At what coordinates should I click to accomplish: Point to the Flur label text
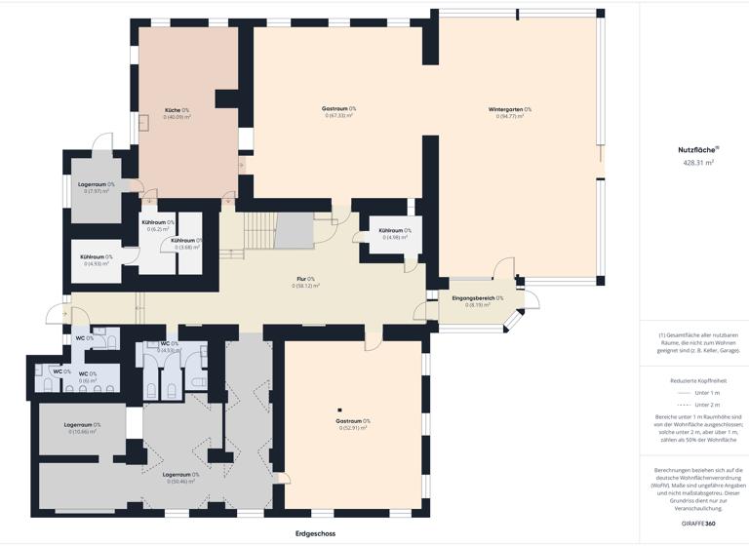click(305, 279)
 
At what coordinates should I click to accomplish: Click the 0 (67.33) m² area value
click(338, 116)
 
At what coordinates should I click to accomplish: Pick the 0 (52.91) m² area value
click(352, 428)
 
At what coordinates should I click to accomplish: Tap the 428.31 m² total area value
click(698, 164)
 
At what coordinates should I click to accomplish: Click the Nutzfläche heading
click(697, 150)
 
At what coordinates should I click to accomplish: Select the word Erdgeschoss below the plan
click(315, 533)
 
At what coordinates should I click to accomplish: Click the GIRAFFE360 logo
click(697, 524)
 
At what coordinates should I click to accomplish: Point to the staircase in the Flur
click(260, 232)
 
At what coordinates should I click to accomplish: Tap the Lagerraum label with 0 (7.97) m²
click(96, 184)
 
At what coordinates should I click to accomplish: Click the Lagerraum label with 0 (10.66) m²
click(82, 425)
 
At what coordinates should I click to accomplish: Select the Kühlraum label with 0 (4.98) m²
click(395, 231)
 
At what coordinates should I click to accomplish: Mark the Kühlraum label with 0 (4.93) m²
click(96, 257)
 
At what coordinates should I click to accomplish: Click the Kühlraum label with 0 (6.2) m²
click(157, 222)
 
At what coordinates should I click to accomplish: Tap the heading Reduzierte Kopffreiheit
click(697, 380)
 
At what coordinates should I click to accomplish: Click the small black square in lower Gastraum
click(339, 410)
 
